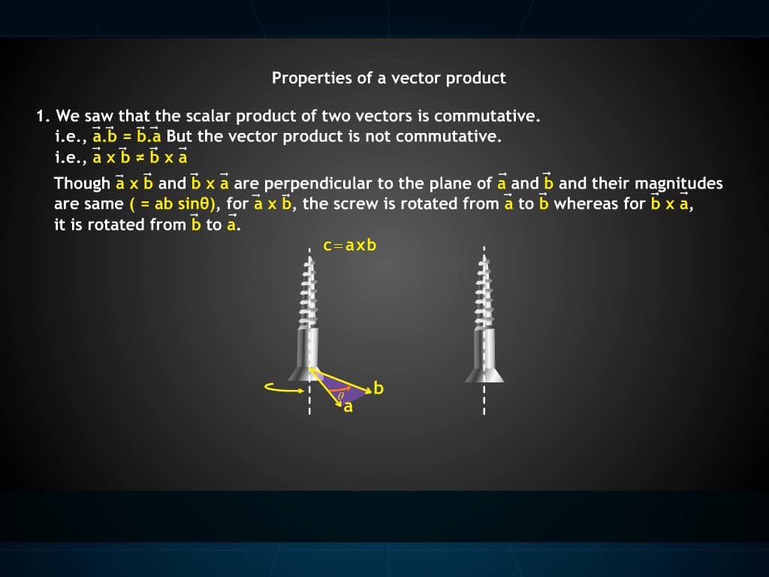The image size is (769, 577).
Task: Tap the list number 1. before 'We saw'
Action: click(x=43, y=116)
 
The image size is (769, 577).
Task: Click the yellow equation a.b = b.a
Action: click(x=127, y=137)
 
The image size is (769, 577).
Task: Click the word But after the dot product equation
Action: click(x=179, y=137)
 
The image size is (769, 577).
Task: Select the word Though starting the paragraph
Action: click(x=82, y=183)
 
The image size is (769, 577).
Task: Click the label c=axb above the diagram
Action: click(x=349, y=246)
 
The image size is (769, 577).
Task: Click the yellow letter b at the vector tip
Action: click(x=378, y=388)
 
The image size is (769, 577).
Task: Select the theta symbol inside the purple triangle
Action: click(x=340, y=392)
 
